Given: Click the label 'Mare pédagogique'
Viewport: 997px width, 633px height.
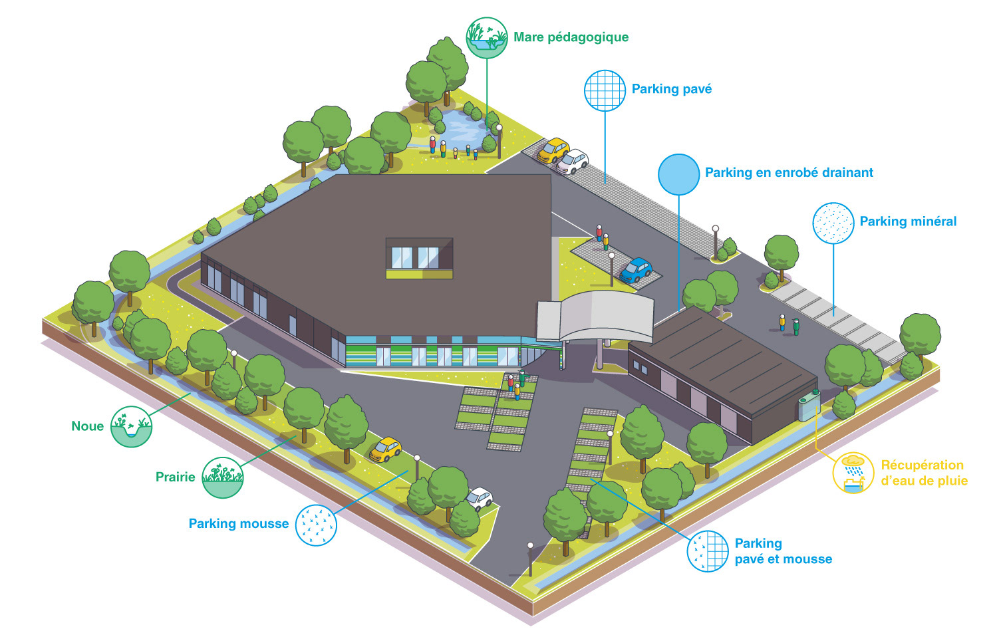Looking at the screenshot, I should click(x=571, y=37).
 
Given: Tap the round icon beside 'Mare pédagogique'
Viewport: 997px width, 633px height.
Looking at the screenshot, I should click(x=487, y=38).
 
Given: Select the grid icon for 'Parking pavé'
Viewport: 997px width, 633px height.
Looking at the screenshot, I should click(x=605, y=90).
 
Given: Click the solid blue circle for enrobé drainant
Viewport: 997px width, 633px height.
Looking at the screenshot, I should click(x=678, y=174).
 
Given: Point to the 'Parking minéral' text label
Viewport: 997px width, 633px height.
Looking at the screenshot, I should click(x=908, y=221).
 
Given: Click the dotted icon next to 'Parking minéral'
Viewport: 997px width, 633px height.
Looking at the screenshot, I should click(x=833, y=223).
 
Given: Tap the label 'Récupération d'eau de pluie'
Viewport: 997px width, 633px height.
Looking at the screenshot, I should click(x=924, y=473).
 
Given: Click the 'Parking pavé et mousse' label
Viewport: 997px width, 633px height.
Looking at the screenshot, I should click(x=783, y=551).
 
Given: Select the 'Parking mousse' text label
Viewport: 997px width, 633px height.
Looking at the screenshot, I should click(x=239, y=523).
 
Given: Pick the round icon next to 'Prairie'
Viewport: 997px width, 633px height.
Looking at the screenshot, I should click(x=222, y=477).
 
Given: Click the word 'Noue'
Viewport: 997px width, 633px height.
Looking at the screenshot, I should click(x=88, y=426).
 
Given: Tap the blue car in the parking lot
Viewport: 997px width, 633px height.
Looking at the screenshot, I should click(x=636, y=269).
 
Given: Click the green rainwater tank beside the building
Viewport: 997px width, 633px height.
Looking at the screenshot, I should click(x=809, y=404).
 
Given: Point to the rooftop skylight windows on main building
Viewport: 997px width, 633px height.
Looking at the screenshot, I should click(x=419, y=257).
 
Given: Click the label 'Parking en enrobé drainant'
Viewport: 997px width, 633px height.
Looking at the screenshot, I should click(x=789, y=173).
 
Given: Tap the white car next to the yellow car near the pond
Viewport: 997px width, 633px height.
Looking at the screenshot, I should click(x=572, y=161).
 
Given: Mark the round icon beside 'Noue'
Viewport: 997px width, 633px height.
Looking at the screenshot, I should click(x=132, y=426).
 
